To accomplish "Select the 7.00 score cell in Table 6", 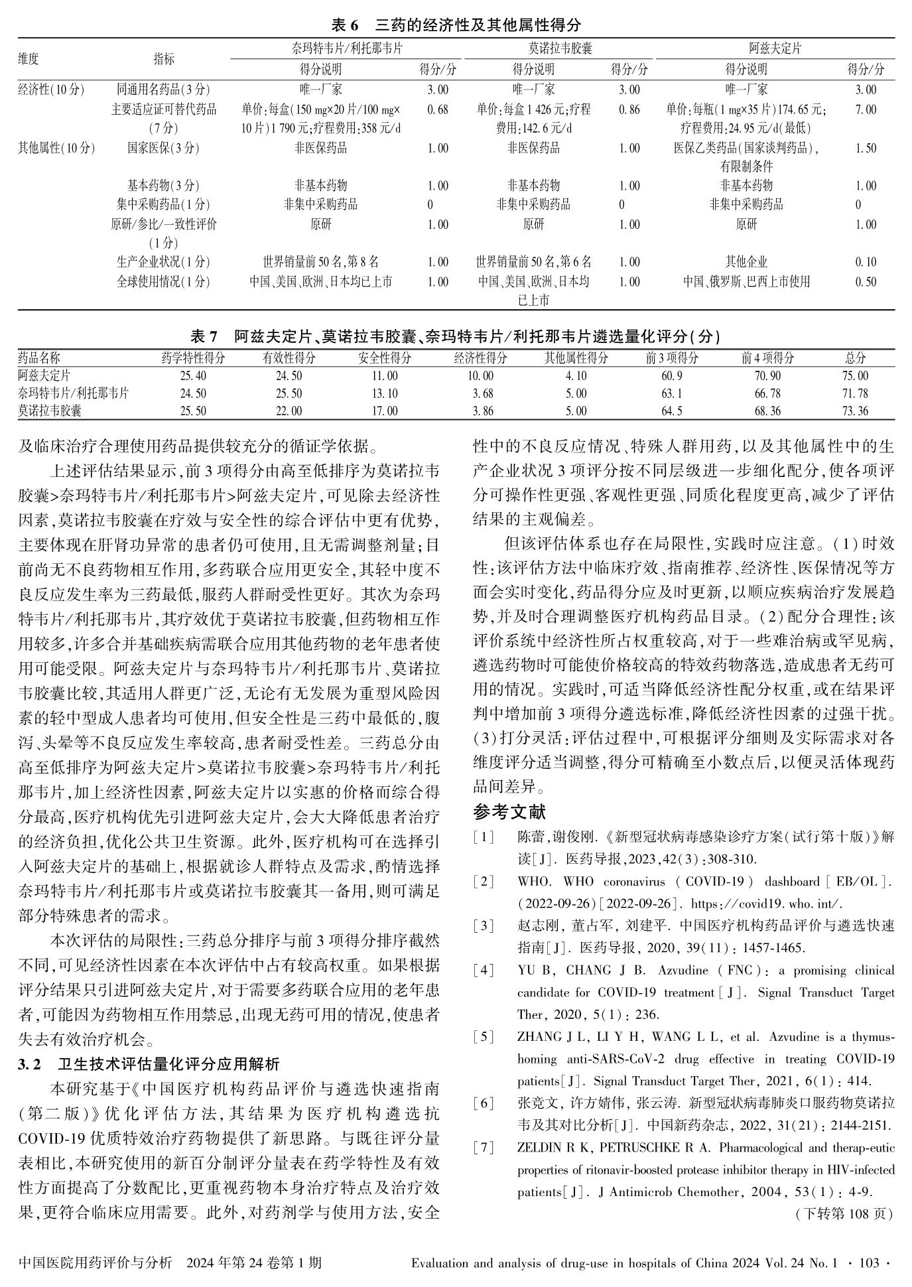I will [866, 109].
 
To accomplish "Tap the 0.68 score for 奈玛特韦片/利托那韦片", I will [438, 109].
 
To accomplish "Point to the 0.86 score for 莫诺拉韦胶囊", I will [629, 109].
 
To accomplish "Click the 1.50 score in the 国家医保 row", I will [866, 148].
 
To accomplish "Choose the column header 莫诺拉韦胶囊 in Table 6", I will [560, 48].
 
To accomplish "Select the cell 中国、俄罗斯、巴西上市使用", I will [746, 282].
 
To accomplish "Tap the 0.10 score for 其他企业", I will [866, 263].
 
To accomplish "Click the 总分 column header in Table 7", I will [855, 358].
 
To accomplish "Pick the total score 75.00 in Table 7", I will [855, 376].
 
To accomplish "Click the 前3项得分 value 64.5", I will [671, 411].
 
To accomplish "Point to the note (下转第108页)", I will [843, 1214].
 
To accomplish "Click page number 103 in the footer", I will [868, 1263].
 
